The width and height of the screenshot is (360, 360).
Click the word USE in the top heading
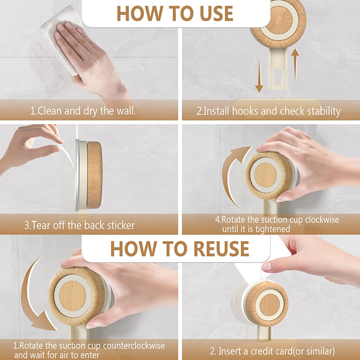pos(216,13)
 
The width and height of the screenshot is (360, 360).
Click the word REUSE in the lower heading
pos(221,249)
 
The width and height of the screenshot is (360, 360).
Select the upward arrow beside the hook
pos(295,64)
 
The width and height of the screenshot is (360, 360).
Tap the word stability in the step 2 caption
pos(324,111)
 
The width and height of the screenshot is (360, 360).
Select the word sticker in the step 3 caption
pos(121,225)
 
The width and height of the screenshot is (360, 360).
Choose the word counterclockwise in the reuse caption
pos(134,346)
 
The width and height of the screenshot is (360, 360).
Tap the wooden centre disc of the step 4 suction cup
pos(265,175)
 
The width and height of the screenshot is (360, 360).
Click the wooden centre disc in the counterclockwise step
pos(72,296)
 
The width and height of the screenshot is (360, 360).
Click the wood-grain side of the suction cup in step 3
pos(94,175)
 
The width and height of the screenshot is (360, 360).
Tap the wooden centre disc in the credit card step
pos(270,305)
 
